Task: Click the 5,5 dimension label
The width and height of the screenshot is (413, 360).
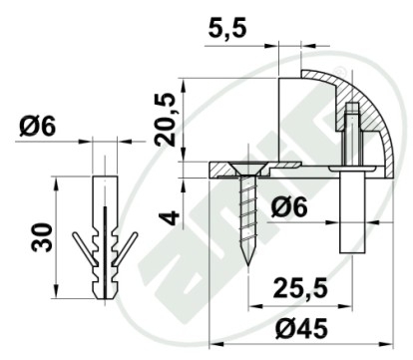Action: (227, 29)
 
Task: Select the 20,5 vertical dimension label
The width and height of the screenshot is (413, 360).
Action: (167, 120)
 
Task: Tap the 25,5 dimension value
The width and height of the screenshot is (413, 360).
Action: (300, 288)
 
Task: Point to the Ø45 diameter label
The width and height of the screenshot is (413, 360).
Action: (301, 329)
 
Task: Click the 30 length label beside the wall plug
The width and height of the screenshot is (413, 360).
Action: (42, 237)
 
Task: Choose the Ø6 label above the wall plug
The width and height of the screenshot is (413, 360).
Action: (37, 127)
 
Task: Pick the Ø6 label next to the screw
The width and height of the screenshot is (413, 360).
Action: (288, 207)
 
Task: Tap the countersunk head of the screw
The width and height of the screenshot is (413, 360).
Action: (248, 170)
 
